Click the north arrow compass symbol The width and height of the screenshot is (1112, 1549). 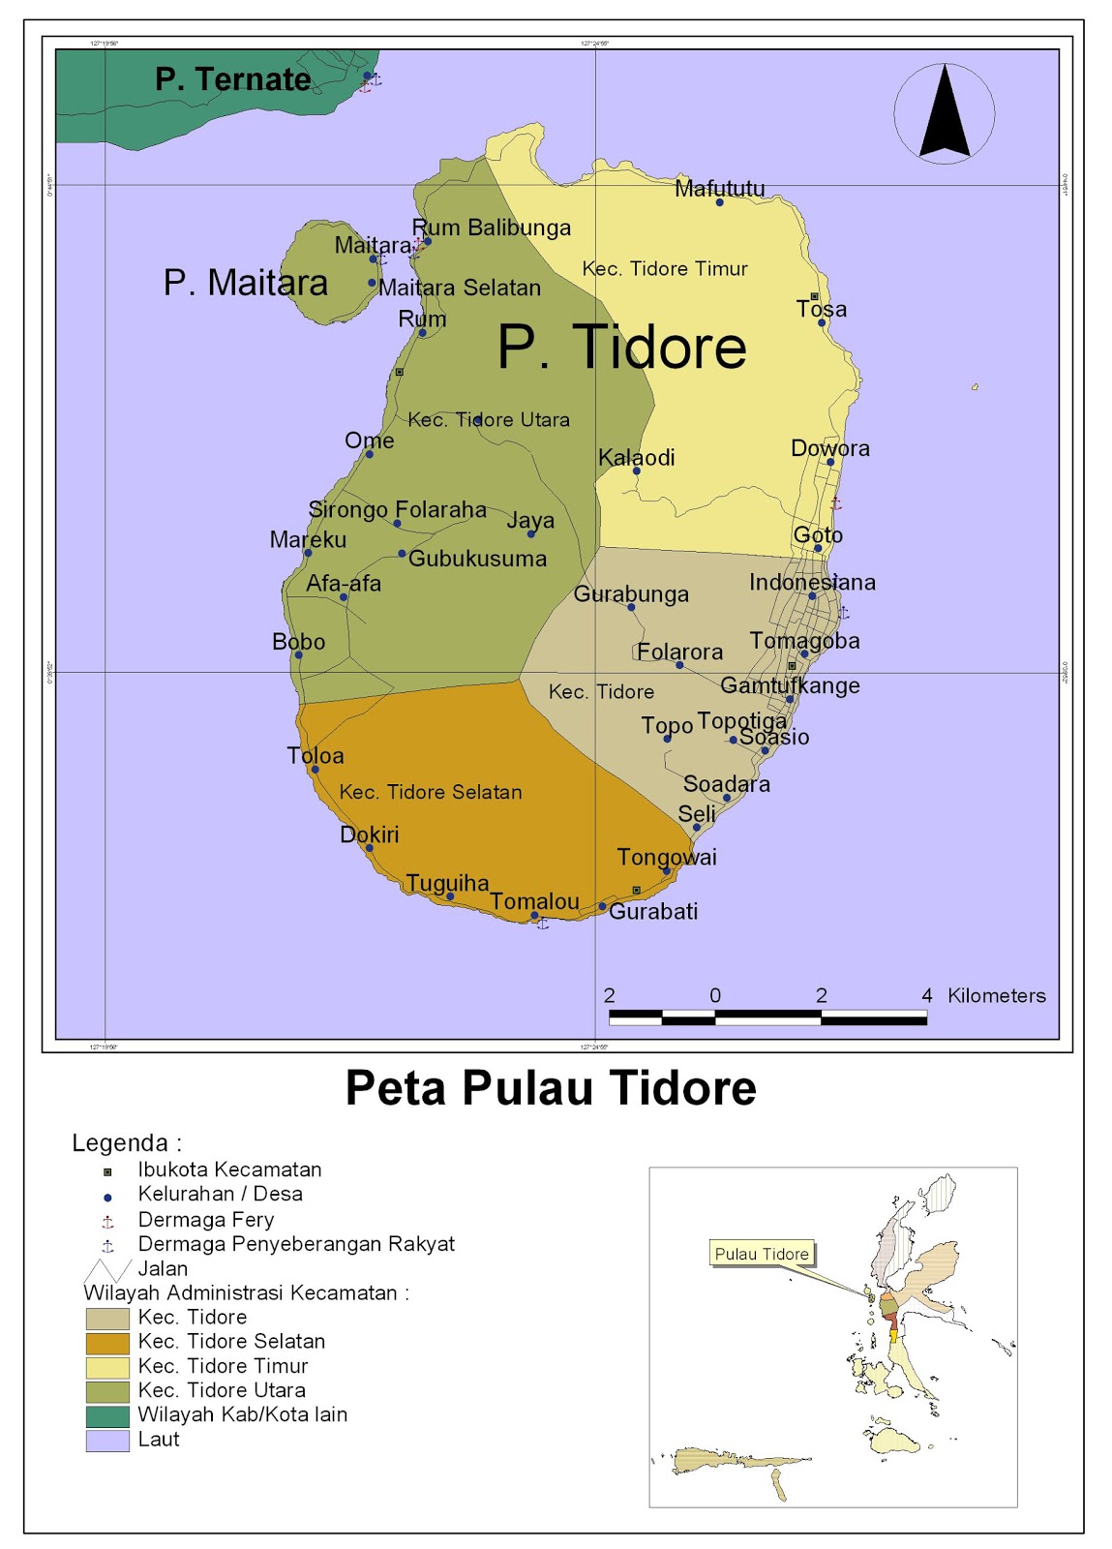[944, 113]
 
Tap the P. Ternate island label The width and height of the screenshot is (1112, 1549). [233, 79]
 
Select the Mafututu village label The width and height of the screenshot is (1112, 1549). [719, 188]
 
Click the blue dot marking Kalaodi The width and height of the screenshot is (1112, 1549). [636, 471]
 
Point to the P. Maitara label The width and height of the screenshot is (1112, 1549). [245, 283]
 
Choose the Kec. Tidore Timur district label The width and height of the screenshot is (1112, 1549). [664, 269]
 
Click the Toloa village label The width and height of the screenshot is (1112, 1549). [315, 755]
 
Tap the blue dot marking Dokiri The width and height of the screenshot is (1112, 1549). [369, 848]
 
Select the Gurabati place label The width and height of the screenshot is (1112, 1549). [653, 911]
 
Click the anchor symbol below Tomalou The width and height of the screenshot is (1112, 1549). [543, 924]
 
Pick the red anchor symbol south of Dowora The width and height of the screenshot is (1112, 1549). [836, 503]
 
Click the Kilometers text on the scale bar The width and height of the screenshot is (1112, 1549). [996, 995]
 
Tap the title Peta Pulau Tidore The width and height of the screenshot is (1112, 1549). [551, 1087]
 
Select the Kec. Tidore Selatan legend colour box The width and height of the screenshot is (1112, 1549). [106, 1343]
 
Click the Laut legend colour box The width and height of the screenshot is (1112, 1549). [106, 1441]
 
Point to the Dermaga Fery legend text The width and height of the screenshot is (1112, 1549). [205, 1220]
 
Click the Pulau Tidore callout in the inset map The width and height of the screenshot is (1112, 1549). [762, 1254]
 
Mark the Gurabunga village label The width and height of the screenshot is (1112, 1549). [631, 593]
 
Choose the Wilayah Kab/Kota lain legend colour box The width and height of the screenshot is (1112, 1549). [106, 1415]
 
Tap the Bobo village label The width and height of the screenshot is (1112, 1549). [298, 641]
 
